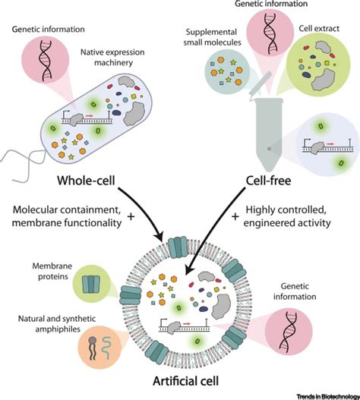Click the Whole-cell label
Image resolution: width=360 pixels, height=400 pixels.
(x=86, y=181)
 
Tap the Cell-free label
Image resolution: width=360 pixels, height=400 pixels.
(x=268, y=181)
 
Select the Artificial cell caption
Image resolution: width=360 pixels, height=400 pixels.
(x=185, y=381)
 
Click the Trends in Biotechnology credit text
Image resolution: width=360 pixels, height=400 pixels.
(x=328, y=396)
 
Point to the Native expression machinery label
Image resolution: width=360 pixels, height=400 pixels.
(x=112, y=58)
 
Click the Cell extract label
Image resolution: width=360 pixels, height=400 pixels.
(x=319, y=28)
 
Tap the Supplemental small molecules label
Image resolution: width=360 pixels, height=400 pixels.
(x=212, y=37)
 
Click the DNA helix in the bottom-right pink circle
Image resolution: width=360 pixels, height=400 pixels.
(x=289, y=331)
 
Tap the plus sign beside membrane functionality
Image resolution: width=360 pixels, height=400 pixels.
(x=131, y=217)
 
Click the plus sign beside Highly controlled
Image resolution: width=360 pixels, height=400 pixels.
(x=235, y=217)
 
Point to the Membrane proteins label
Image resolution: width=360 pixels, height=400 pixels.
(x=52, y=271)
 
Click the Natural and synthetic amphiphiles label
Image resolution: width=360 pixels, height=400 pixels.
(x=57, y=324)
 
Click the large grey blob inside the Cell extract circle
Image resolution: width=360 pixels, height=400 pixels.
(x=323, y=80)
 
